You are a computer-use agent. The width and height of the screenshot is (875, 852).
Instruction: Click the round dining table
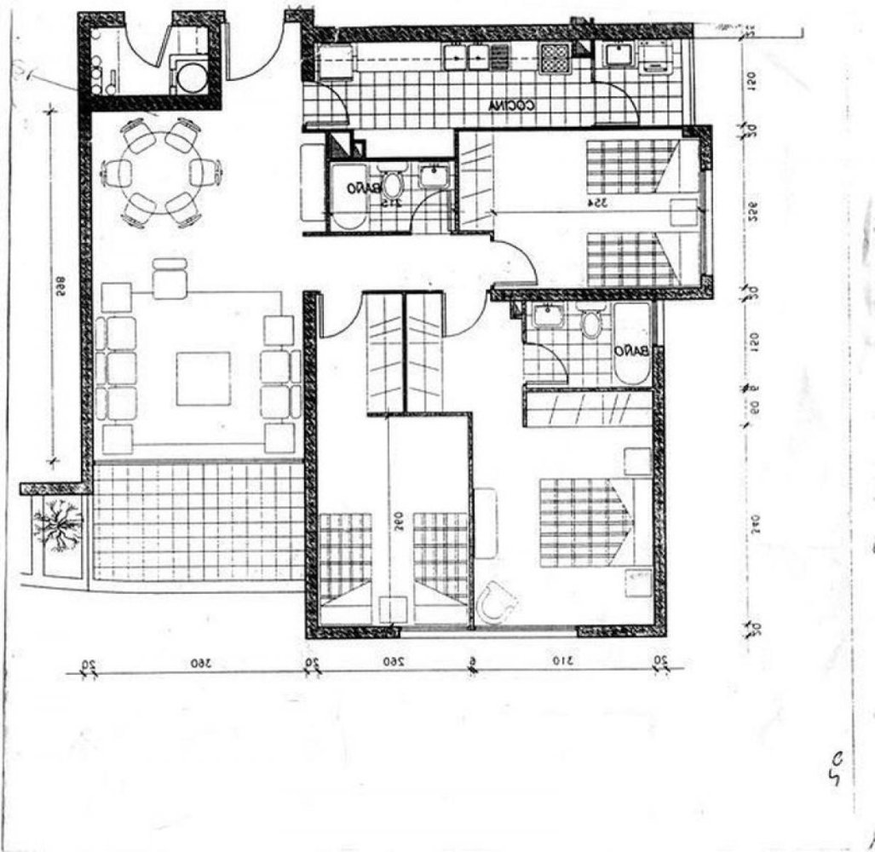point(159,172)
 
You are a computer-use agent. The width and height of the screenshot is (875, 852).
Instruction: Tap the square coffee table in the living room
point(203,378)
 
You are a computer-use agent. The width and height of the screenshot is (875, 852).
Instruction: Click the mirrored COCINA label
point(511,106)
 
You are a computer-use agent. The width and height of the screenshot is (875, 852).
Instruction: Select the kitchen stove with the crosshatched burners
point(556,58)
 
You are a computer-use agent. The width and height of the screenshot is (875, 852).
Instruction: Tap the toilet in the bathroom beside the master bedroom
point(590,323)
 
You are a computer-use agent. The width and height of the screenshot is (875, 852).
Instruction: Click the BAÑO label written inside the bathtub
point(635,350)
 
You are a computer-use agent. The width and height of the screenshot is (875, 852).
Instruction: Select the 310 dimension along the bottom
point(560,662)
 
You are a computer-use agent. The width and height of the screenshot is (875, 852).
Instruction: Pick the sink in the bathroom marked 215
point(433,176)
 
